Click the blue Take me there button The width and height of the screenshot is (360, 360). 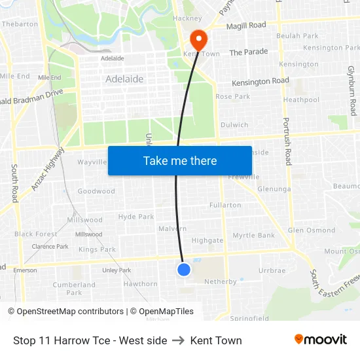click(179, 160)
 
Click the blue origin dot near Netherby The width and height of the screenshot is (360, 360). click(184, 269)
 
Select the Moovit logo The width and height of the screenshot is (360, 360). click(320, 340)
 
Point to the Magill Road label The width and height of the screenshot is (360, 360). click(246, 26)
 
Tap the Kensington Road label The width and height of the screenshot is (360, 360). click(261, 81)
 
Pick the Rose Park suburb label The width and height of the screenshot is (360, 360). click(233, 96)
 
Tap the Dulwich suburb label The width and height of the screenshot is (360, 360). click(234, 124)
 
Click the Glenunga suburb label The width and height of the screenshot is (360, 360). click(274, 189)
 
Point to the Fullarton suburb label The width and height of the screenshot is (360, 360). click(225, 205)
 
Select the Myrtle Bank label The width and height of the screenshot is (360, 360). click(254, 235)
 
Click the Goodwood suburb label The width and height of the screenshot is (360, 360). click(96, 191)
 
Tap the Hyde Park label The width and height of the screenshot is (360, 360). click(136, 217)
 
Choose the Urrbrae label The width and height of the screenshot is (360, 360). click(272, 270)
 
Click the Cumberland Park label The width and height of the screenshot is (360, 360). click(74, 289)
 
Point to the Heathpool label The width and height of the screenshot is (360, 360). click(301, 99)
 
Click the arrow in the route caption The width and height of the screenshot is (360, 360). click(179, 340)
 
